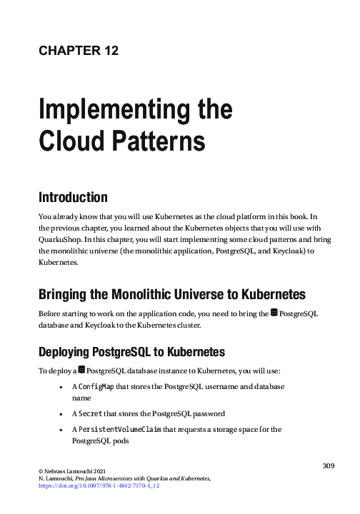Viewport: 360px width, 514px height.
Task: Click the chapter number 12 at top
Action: point(109,50)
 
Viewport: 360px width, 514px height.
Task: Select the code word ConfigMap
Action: point(95,386)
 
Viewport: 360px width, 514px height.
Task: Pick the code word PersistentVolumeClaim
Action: point(125,429)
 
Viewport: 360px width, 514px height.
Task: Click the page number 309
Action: point(328,466)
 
